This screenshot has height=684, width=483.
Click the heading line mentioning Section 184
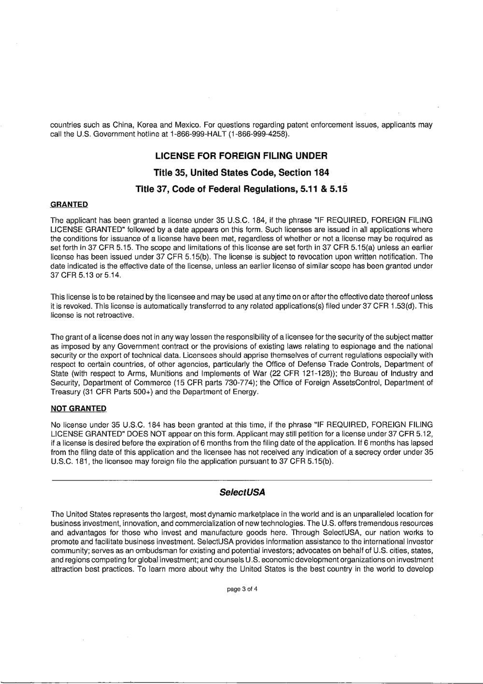tap(241, 173)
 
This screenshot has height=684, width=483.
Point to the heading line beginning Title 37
tap(241, 189)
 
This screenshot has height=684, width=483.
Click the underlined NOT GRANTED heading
tap(78, 408)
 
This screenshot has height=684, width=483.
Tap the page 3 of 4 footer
tap(241, 589)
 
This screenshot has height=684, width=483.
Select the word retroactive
tap(102, 315)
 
